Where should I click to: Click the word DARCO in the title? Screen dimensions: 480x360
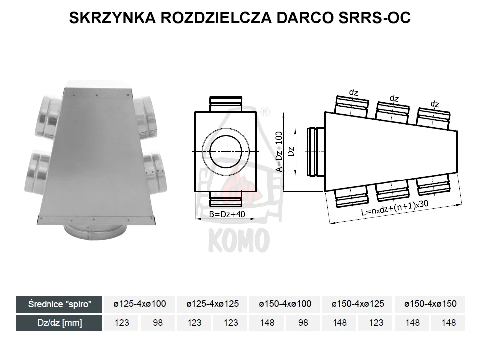(x=305, y=18)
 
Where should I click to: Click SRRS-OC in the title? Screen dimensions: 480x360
(x=375, y=18)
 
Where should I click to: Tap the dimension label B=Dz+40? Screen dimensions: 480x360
(x=227, y=214)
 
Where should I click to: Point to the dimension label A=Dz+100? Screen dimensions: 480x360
(x=279, y=151)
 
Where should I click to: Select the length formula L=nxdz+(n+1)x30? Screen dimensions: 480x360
(x=395, y=208)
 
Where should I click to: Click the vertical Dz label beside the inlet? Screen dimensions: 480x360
(x=291, y=151)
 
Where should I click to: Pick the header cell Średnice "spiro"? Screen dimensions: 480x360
(x=59, y=304)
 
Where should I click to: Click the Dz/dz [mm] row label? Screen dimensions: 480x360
(x=59, y=323)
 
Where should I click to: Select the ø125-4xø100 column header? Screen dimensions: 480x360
(x=140, y=304)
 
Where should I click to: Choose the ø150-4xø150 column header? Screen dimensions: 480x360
(x=431, y=304)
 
